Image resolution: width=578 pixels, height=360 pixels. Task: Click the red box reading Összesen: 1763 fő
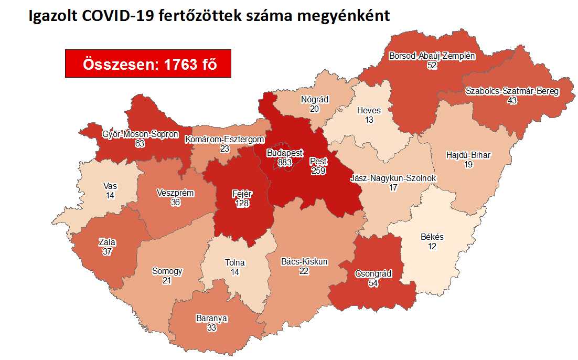tap(148, 63)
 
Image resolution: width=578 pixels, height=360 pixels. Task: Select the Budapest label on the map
tap(284, 153)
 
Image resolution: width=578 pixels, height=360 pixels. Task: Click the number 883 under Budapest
tap(284, 162)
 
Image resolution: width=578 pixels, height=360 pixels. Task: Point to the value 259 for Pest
tap(318, 171)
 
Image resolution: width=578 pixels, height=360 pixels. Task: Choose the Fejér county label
tap(242, 194)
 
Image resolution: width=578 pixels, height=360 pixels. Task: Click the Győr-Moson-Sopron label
tap(140, 134)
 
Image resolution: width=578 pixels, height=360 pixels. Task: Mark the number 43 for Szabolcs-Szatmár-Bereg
tap(512, 100)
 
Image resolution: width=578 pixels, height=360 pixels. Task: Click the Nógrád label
tap(315, 99)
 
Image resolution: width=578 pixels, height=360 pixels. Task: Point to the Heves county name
tap(369, 110)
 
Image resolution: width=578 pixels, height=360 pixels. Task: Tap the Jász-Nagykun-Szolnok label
tap(393, 178)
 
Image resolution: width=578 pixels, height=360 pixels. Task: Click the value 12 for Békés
tap(432, 246)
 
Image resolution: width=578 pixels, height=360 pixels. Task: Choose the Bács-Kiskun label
tap(304, 261)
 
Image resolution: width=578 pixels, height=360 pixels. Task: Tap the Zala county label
tap(107, 242)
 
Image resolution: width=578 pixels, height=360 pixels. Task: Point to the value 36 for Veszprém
tap(175, 202)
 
